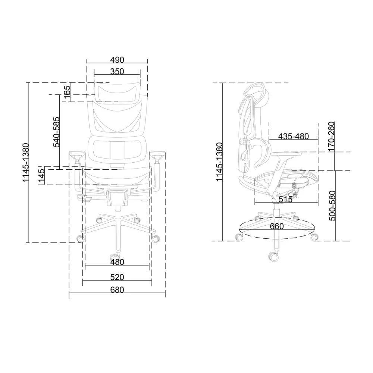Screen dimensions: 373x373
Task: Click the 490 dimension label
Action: (117, 60)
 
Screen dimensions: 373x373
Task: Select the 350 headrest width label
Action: (117, 71)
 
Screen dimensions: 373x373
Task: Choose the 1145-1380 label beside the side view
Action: (219, 162)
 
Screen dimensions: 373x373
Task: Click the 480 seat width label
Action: (117, 262)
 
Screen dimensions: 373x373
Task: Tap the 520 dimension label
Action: (117, 277)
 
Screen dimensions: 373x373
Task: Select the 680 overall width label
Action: (117, 290)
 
